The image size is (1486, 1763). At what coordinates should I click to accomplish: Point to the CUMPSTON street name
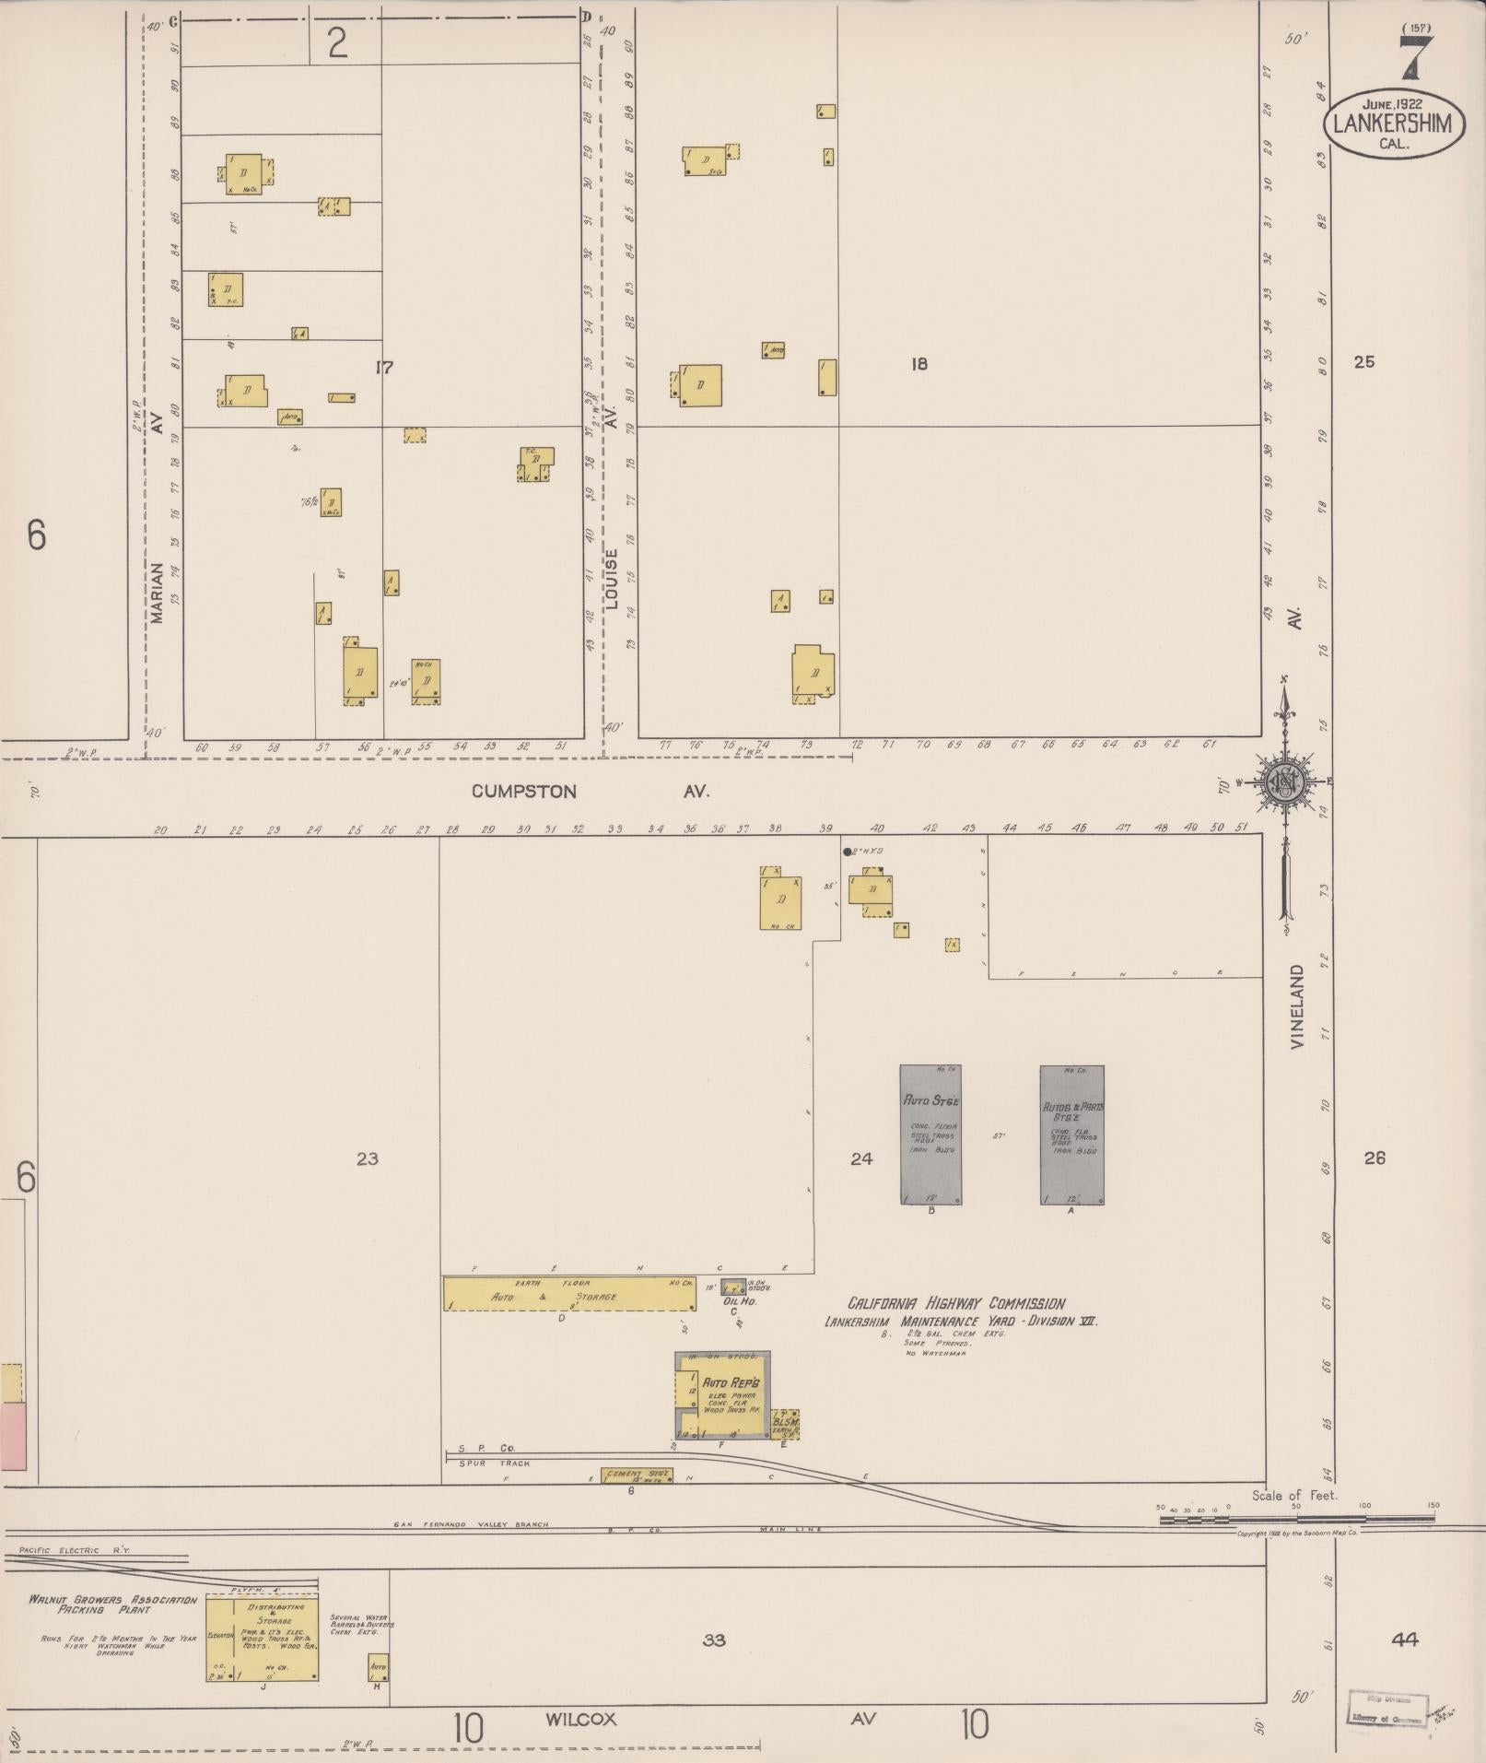[524, 791]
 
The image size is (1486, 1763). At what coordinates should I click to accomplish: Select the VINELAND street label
[1297, 1008]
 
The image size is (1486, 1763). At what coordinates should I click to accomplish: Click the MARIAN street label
[157, 593]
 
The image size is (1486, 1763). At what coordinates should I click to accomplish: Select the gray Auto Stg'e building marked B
[930, 1134]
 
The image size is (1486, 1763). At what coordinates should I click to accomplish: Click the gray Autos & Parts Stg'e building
[1071, 1134]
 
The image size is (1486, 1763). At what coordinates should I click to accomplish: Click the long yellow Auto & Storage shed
[568, 1294]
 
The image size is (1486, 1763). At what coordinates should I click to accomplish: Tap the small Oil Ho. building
[734, 1288]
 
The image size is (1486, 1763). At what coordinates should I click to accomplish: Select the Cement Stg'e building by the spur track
[636, 1475]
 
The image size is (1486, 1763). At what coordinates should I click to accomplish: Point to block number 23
[367, 1158]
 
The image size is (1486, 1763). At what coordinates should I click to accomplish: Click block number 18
[919, 364]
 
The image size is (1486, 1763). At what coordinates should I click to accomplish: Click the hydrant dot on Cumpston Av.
[848, 852]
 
